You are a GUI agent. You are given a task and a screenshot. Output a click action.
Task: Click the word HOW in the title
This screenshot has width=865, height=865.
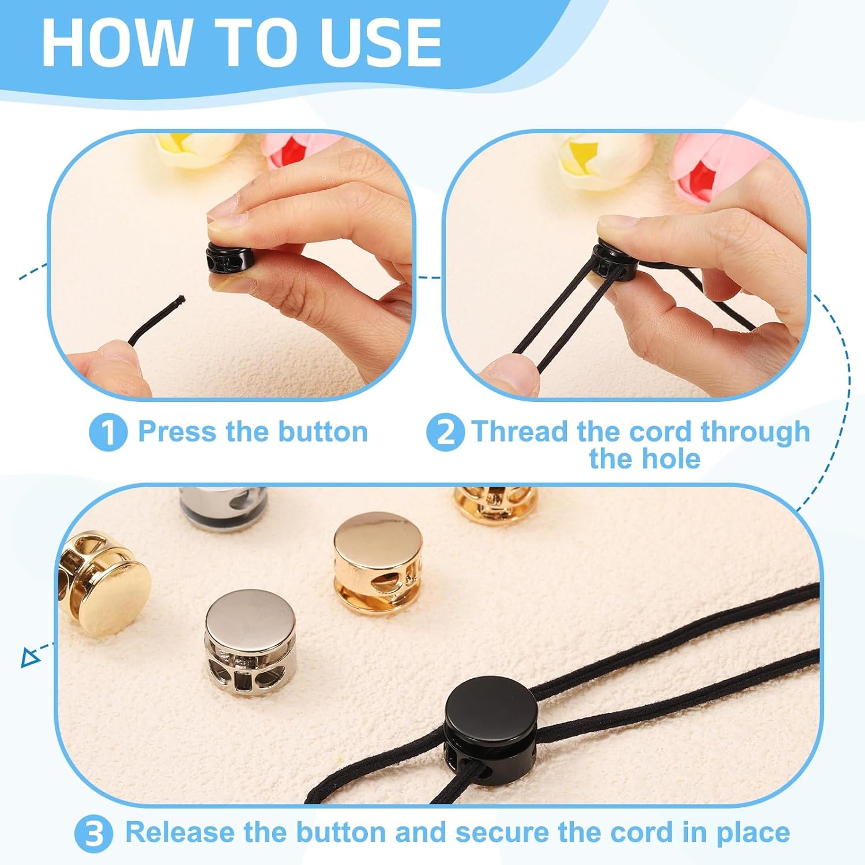point(115,43)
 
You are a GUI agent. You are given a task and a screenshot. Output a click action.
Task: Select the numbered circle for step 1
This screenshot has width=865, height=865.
point(108,432)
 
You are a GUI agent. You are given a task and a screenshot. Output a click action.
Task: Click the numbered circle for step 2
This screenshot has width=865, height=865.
point(445,432)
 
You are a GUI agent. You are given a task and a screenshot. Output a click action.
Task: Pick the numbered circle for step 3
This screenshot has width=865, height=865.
point(93,834)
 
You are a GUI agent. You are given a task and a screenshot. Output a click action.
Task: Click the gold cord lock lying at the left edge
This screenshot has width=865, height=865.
point(104,582)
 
